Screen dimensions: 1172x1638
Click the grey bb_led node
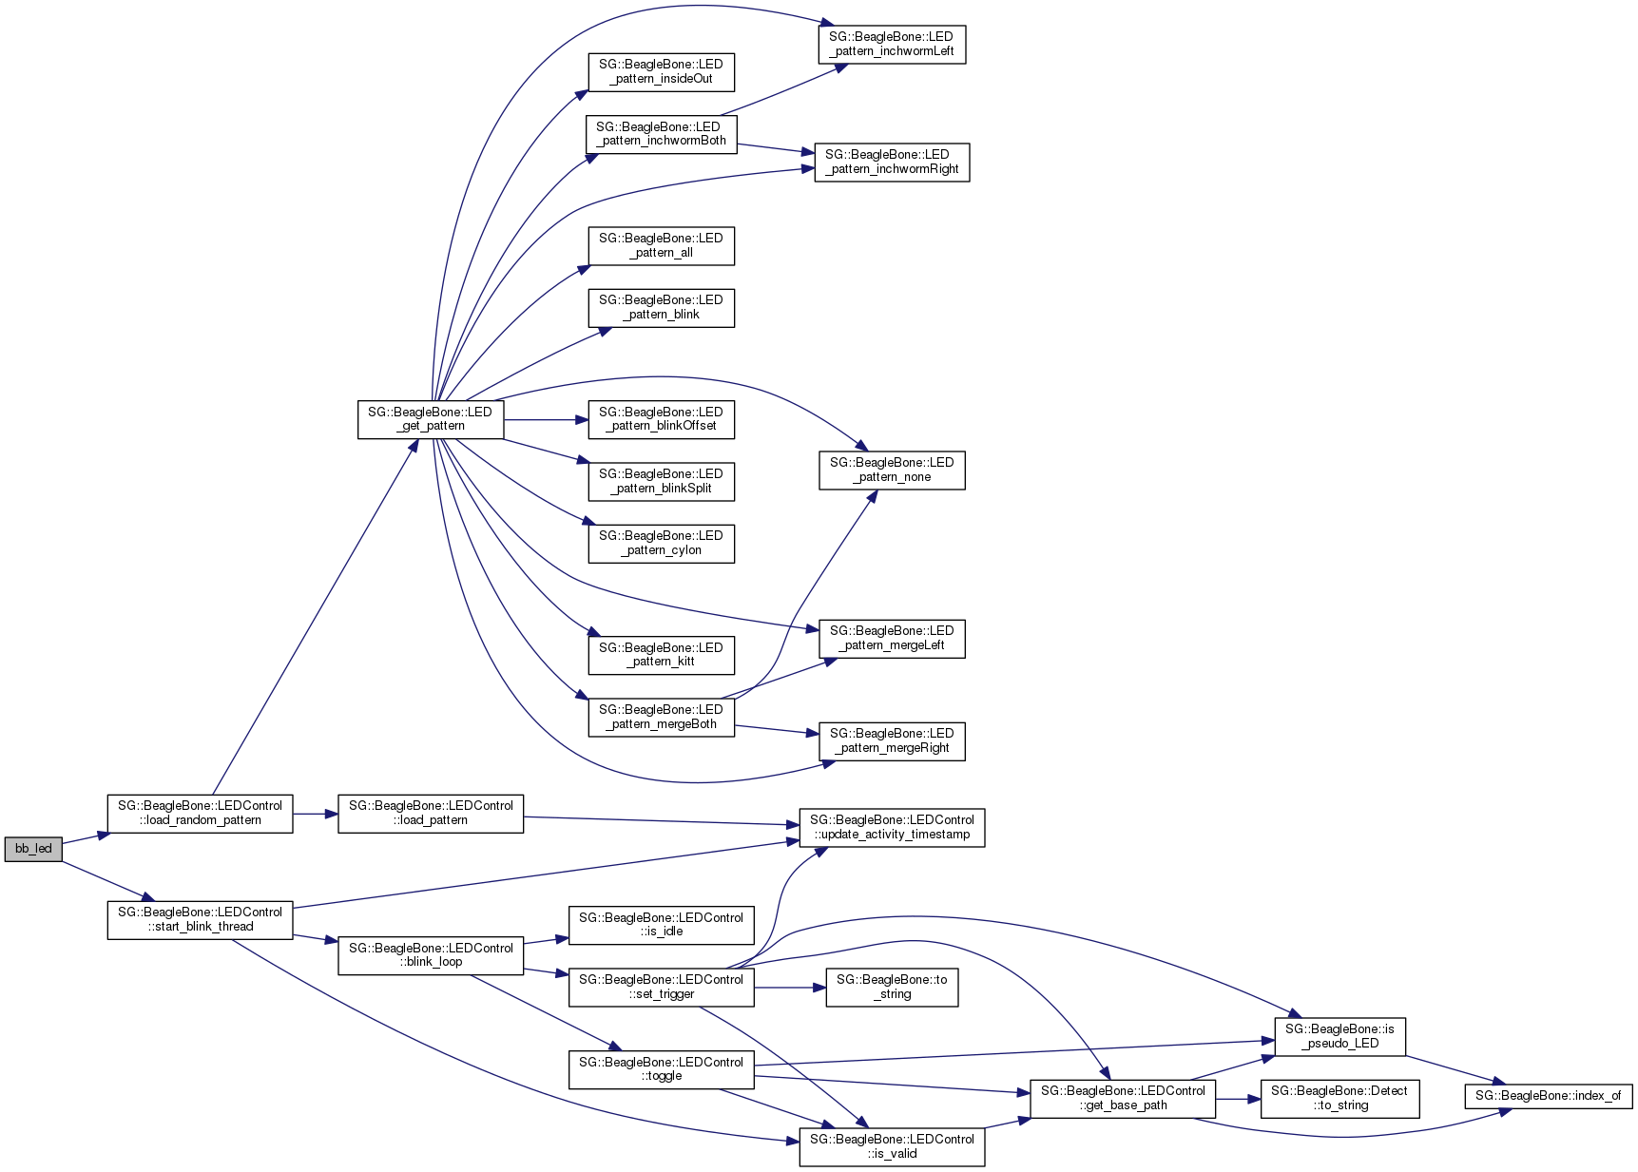coord(33,849)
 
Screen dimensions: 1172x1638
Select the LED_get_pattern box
coord(431,419)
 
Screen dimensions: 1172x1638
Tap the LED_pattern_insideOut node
coord(661,72)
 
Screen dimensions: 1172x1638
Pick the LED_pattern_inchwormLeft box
coord(892,45)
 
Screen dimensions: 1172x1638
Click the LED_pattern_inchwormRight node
coord(892,163)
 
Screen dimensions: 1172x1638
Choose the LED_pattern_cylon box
coord(661,544)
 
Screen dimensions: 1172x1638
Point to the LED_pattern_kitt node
coord(661,655)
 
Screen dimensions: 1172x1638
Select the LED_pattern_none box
coord(892,471)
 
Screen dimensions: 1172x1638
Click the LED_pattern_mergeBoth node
coord(661,718)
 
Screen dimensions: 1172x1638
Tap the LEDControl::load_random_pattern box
coord(200,814)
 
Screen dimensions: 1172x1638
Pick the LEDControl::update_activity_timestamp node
coord(892,828)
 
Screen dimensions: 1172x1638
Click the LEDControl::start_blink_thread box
coord(200,920)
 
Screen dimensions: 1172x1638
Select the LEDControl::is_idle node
coord(661,925)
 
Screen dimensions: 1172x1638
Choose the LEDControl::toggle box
coord(661,1069)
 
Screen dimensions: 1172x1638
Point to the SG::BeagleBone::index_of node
coord(1548,1096)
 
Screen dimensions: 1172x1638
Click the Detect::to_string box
coord(1339,1099)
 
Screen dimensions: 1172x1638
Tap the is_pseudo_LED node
coord(1339,1036)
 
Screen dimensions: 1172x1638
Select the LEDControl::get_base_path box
coord(1123,1099)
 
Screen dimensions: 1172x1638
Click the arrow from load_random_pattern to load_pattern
coord(315,815)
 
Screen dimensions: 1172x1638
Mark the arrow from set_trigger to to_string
coord(790,988)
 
